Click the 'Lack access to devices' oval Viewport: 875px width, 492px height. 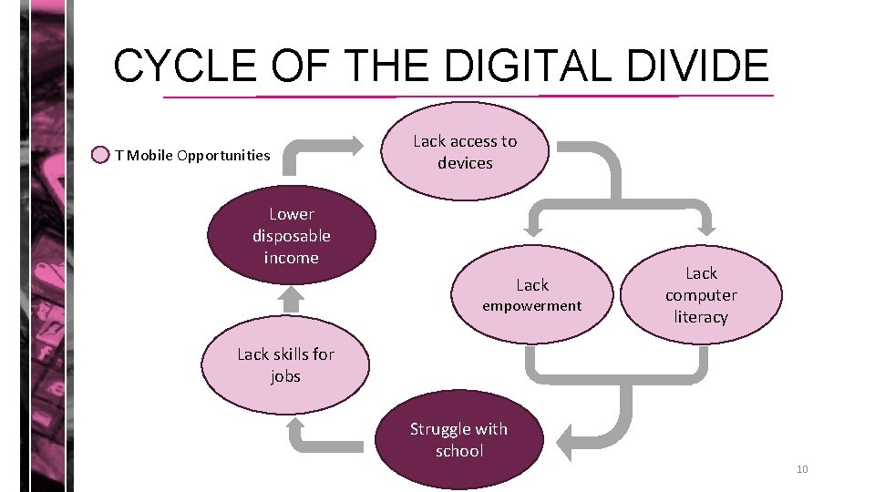point(465,151)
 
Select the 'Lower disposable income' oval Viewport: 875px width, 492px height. point(292,236)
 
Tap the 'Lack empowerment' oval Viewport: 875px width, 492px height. point(532,294)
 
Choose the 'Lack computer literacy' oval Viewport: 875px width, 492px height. point(701,294)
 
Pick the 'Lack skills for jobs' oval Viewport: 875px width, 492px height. point(286,365)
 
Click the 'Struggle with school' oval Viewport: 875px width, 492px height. point(458,440)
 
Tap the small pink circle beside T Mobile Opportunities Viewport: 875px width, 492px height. point(101,155)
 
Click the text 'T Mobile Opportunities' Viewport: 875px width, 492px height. point(192,155)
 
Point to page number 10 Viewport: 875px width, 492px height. point(802,469)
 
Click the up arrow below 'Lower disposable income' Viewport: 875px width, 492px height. point(291,296)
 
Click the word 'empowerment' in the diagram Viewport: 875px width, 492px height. point(532,306)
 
